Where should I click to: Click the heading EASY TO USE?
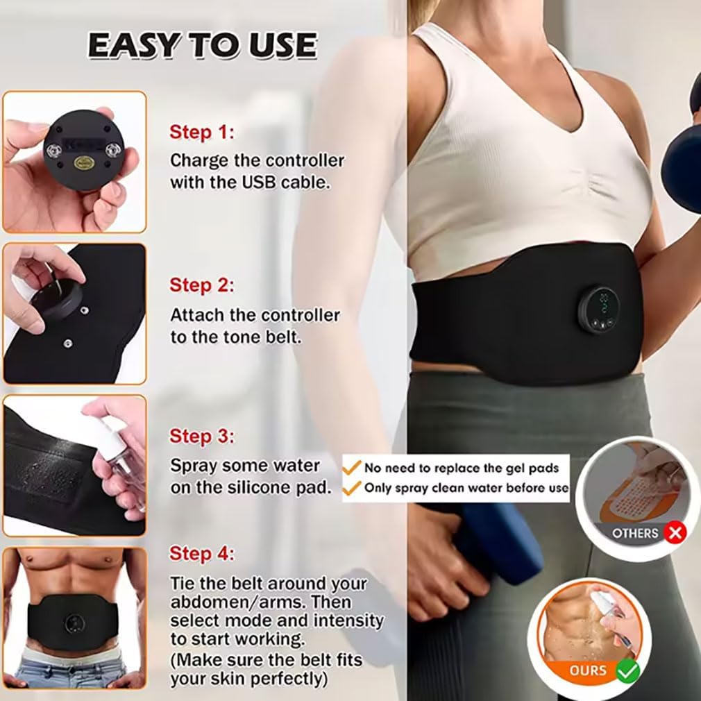coord(202,45)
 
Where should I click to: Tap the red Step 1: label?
coord(202,133)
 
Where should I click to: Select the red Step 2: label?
coord(202,285)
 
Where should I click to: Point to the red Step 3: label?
coord(202,437)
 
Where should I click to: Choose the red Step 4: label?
coord(202,553)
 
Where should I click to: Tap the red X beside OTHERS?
coord(675,532)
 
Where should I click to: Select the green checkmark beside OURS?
coord(627,670)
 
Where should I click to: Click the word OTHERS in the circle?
coord(635,533)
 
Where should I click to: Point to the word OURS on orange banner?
coord(588,670)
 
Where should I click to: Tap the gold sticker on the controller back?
coord(84,162)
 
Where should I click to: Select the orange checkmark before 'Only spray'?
coord(351,487)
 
